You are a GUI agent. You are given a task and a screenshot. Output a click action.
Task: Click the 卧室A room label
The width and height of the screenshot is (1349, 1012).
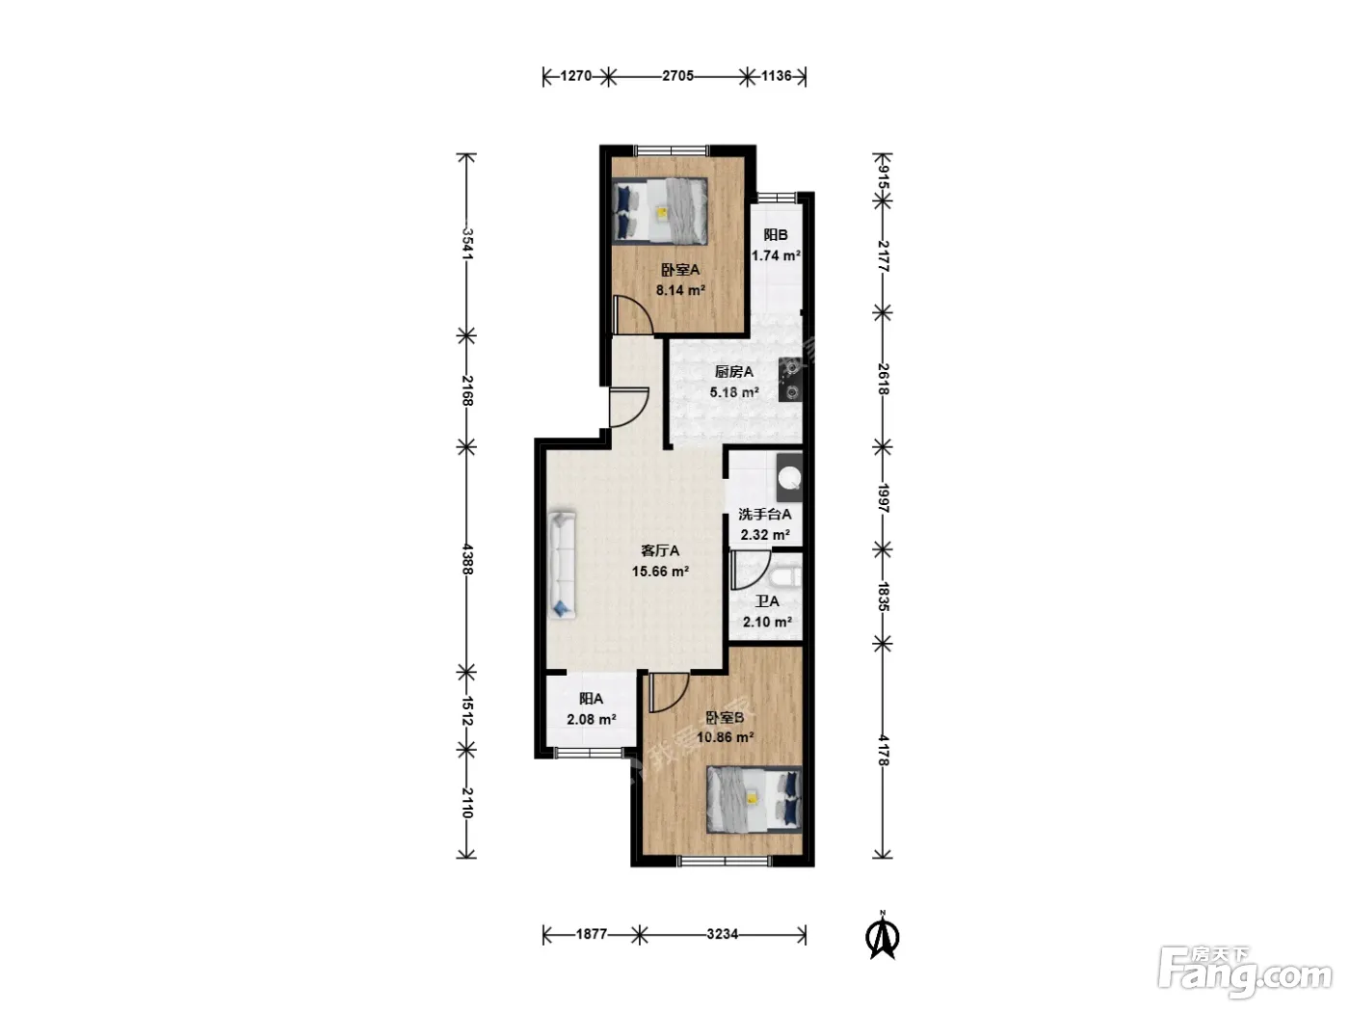(679, 269)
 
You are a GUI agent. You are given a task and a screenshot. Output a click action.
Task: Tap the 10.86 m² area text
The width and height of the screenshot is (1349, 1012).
(726, 736)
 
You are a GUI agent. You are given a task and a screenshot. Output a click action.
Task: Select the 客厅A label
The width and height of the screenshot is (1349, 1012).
(660, 550)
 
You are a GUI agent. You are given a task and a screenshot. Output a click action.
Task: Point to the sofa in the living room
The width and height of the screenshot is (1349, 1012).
(562, 564)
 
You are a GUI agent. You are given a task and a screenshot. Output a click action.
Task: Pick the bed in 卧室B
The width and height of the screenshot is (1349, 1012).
(754, 799)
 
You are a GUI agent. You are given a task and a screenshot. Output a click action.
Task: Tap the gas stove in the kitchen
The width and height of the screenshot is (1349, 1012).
(790, 379)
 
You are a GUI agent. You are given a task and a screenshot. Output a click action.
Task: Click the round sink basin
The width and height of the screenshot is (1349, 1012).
(789, 477)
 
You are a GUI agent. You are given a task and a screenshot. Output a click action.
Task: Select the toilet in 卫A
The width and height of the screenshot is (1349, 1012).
(784, 577)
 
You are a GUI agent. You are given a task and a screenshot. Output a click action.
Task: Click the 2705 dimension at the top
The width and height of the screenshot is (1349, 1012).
(677, 75)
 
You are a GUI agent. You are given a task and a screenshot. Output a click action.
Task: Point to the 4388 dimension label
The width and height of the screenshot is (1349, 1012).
(467, 559)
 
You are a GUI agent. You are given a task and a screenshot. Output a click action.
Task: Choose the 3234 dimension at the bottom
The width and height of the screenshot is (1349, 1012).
(722, 934)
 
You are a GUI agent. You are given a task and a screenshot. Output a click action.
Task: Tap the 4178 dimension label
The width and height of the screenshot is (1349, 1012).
(884, 750)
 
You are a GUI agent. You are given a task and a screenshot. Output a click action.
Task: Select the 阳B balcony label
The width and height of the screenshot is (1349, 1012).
(776, 235)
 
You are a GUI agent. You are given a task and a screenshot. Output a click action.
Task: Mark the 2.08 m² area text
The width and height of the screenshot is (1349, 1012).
(592, 719)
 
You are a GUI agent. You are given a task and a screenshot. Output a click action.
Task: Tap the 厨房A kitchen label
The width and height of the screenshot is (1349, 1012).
(734, 371)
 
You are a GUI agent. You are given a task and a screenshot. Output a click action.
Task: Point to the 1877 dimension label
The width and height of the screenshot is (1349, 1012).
(592, 934)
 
